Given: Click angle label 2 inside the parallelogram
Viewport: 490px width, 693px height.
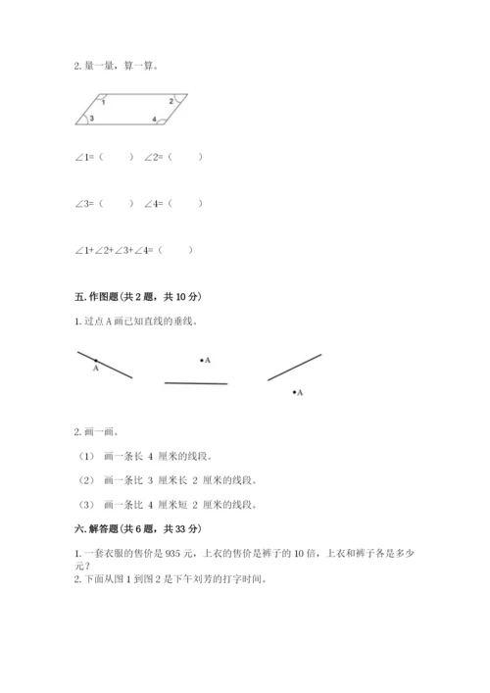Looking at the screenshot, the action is pos(170,101).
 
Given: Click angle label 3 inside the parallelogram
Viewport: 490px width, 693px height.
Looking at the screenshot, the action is pos(91,119).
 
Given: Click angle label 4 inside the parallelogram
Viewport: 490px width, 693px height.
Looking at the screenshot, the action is pos(154,120).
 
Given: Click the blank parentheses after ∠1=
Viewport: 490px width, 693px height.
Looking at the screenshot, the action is pos(116,156).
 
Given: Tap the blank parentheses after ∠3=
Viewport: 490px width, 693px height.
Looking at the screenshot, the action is pos(116,204).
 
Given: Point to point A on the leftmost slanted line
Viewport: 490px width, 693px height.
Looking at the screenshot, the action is pos(95,361).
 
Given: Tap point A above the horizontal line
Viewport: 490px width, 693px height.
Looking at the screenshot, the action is pos(202,361).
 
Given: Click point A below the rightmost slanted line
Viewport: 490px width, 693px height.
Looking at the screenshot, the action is pos(293,392).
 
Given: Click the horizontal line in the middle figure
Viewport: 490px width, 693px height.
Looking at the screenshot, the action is pos(196,383).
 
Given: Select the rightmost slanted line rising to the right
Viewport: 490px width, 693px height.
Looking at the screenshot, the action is pos(294,367).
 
